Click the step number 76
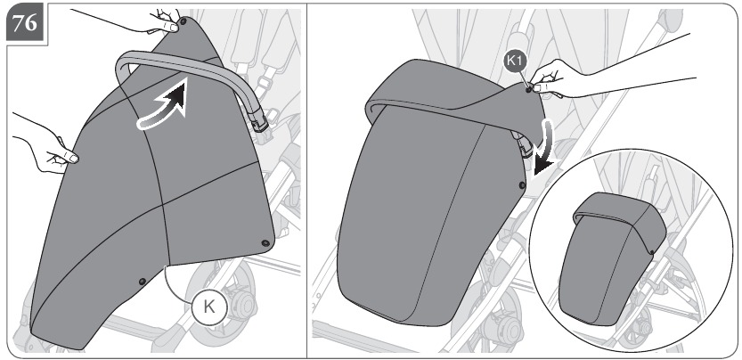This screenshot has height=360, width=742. click(x=25, y=23)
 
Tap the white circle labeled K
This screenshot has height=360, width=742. click(x=209, y=307)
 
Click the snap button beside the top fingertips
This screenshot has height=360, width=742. click(x=183, y=20)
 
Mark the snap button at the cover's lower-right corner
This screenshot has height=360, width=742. click(x=265, y=243)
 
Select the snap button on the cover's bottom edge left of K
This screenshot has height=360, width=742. click(x=142, y=282)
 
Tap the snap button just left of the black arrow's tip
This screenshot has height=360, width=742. click(x=522, y=185)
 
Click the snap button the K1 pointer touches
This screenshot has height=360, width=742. click(x=528, y=89)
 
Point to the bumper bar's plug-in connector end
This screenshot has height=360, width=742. click(x=260, y=123)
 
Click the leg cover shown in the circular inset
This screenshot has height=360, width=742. click(x=610, y=258)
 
